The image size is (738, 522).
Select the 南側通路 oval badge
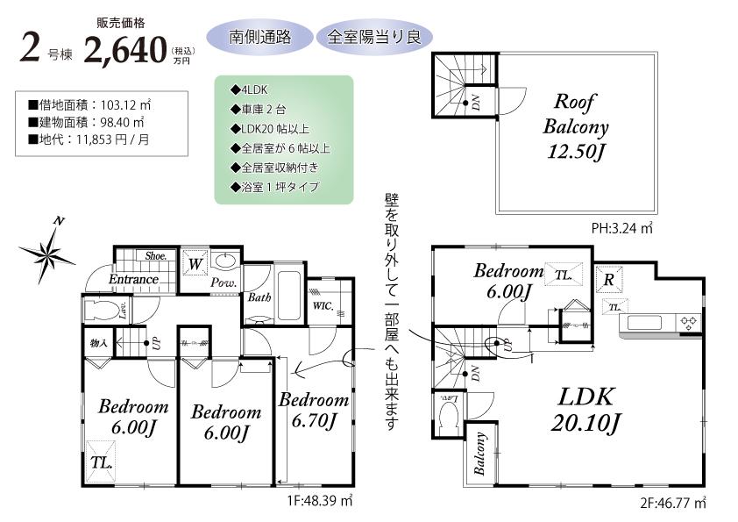coord(259,37)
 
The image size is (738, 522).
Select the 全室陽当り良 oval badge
coord(373,37)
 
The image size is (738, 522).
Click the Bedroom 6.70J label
coord(313,410)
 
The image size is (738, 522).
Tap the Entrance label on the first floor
coord(133,279)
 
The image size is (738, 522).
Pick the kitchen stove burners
coord(688,321)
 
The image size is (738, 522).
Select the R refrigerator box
coord(608,280)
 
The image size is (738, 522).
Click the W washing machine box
coord(196,262)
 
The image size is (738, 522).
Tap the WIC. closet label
coord(322,306)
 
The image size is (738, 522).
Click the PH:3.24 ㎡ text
coord(621,228)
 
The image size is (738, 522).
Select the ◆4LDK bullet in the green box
coord(249,89)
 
